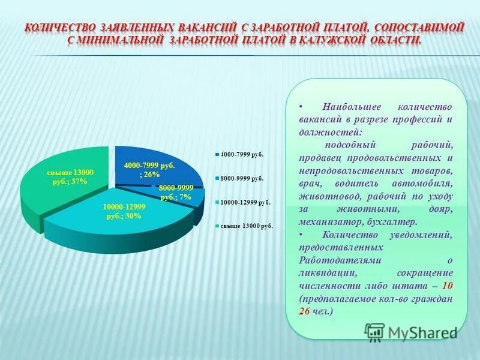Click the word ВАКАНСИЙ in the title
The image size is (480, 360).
tap(208, 27)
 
